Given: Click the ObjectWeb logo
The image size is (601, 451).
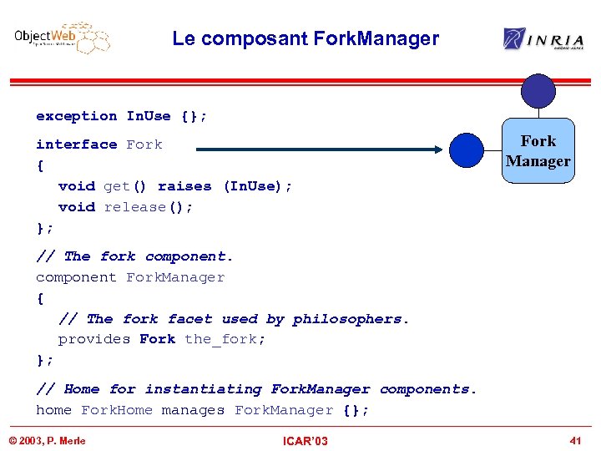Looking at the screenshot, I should coord(62,38).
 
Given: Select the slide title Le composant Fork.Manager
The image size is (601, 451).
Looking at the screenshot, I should coord(306,38).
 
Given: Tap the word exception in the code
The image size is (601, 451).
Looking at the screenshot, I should coord(77,116).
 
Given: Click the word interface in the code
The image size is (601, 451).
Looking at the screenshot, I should coord(77,144).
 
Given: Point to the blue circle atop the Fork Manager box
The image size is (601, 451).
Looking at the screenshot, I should coord(538,91).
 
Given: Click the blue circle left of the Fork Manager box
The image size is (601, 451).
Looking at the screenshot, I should coord(466,150).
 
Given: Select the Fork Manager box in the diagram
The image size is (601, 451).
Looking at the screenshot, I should coord(538,151).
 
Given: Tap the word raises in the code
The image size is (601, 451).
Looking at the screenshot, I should coord(184,186).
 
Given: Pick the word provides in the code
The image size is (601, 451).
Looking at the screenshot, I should coord(94,339).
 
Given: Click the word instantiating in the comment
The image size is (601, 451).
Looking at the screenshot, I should coord(204,389).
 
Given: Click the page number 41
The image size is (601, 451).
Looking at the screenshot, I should coord(575,440).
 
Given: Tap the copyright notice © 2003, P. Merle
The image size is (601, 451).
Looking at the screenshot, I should coord(48,440).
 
